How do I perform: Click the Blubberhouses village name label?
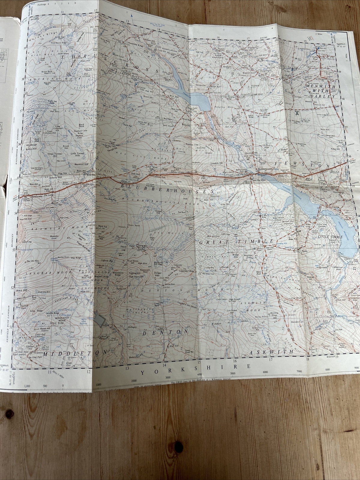click(265, 169)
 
